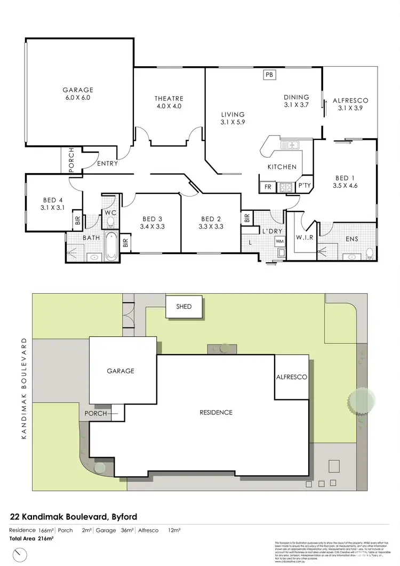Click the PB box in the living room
point(269,75)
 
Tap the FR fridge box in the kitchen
point(267,187)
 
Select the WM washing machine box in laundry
point(280,241)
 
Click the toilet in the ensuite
point(370,253)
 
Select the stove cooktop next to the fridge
point(285,187)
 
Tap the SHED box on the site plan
point(185,306)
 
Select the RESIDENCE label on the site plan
point(216,412)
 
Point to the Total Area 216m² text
point(31,539)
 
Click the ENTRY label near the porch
point(108,163)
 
